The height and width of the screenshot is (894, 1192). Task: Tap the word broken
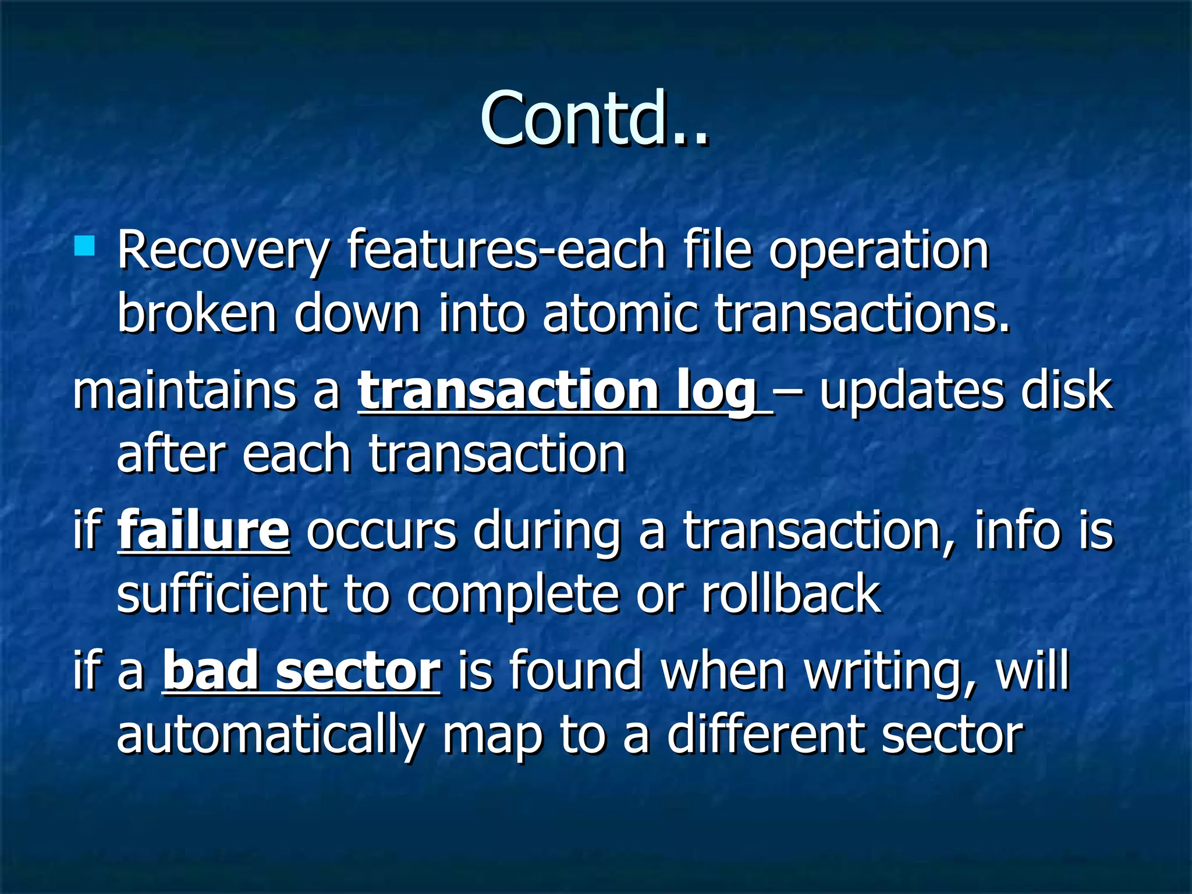(x=197, y=314)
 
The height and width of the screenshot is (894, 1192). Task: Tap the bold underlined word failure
(x=204, y=530)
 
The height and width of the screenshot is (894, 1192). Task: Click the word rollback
(x=792, y=594)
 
